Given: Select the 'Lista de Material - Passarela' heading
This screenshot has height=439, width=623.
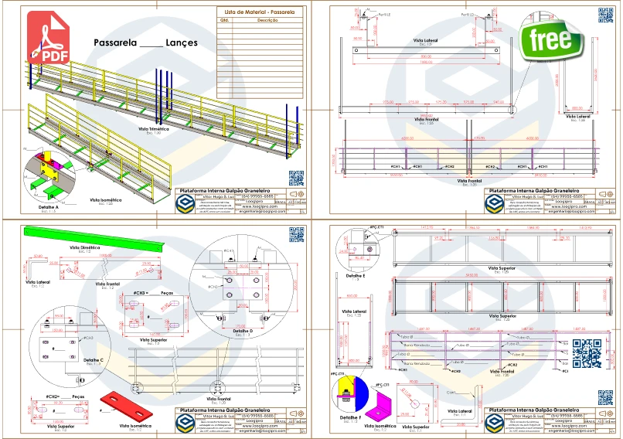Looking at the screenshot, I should (258, 12).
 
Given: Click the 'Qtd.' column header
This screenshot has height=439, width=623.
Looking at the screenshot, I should (226, 22).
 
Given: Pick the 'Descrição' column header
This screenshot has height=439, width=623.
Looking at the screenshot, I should (267, 22).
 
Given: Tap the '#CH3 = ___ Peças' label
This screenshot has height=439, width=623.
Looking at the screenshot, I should (151, 294).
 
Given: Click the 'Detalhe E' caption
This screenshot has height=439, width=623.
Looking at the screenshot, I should (354, 275).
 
